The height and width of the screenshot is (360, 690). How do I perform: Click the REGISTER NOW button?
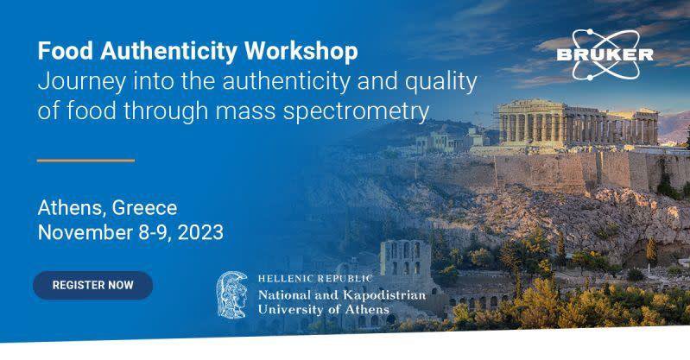click(x=93, y=285)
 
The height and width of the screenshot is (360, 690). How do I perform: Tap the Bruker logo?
click(x=605, y=54)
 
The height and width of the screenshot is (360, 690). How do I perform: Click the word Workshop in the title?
click(x=301, y=51)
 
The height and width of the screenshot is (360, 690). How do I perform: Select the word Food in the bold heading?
click(x=66, y=51)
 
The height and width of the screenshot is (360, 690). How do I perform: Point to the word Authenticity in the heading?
click(x=169, y=52)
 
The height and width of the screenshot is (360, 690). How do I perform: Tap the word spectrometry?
click(x=356, y=111)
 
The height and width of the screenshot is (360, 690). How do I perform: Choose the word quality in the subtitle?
click(x=441, y=83)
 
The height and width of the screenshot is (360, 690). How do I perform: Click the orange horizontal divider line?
click(x=85, y=161)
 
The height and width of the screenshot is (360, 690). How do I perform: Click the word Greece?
click(x=145, y=208)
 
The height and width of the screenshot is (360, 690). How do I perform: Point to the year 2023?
click(x=200, y=232)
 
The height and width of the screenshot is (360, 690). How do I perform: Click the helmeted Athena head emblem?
click(x=233, y=295)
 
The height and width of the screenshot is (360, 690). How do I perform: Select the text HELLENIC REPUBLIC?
click(x=315, y=278)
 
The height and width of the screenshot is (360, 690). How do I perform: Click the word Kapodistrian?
click(x=384, y=295)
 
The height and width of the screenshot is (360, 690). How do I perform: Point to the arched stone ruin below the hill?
click(x=405, y=260)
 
